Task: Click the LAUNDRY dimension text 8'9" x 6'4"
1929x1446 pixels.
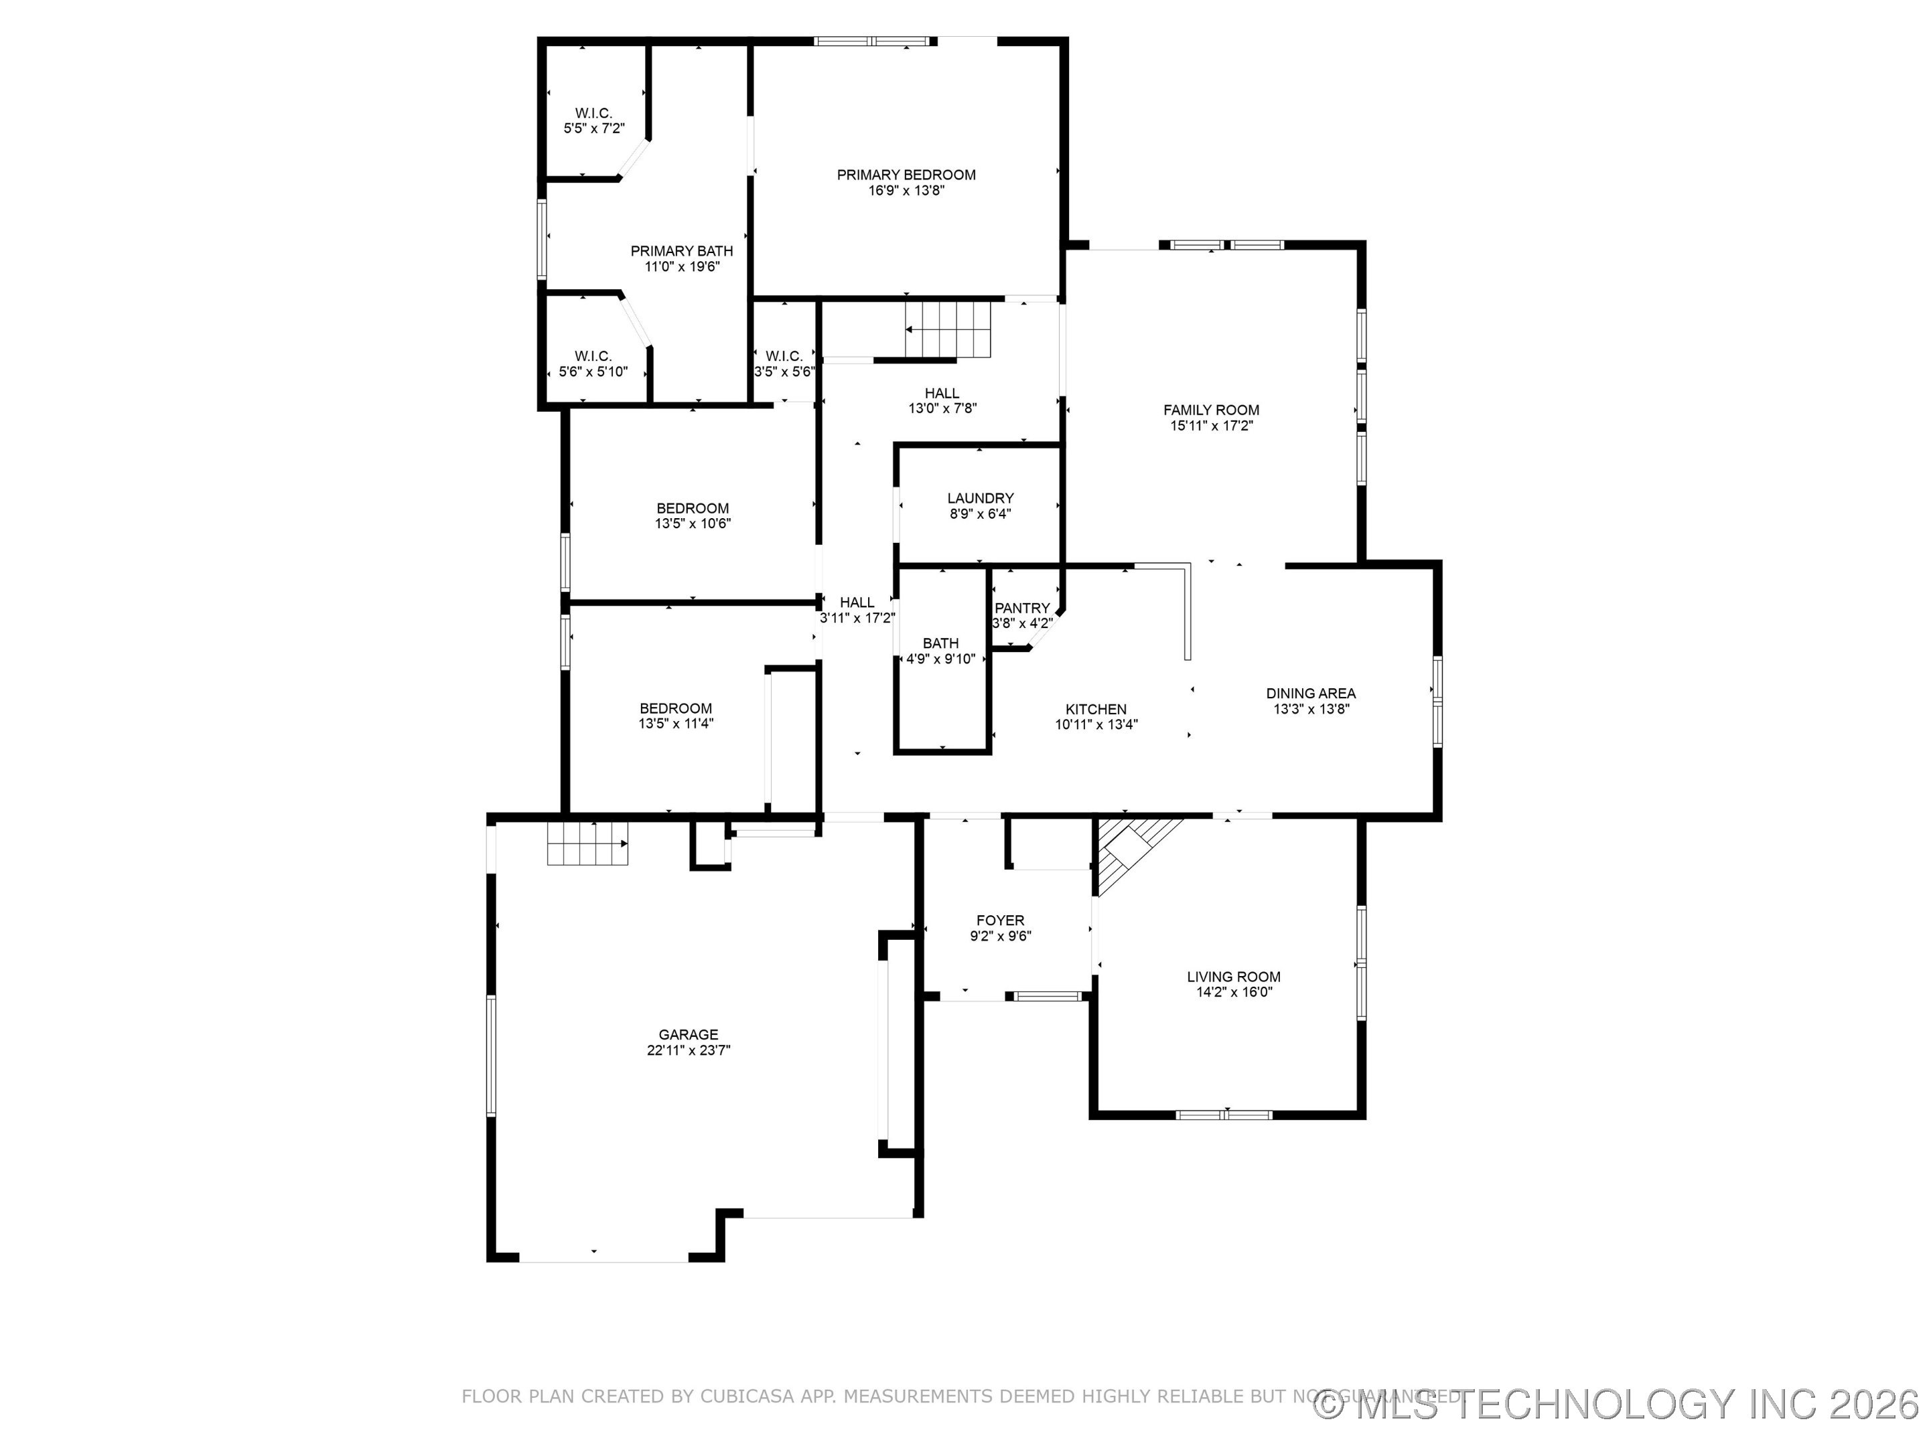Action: tap(980, 514)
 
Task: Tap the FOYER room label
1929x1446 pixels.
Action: tap(1000, 920)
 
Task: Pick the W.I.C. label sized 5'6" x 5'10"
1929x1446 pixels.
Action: tap(593, 355)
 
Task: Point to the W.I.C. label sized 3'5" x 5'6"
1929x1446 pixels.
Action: tap(784, 355)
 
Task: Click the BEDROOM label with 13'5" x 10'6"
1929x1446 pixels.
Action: tap(693, 508)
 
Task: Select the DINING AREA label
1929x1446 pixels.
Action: tap(1311, 694)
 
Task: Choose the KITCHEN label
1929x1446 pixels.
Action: tap(1096, 710)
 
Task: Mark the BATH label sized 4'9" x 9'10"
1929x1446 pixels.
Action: tap(940, 643)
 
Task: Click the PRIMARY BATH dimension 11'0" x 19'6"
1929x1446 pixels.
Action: tap(682, 266)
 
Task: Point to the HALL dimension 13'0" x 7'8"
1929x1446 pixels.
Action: tap(942, 408)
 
